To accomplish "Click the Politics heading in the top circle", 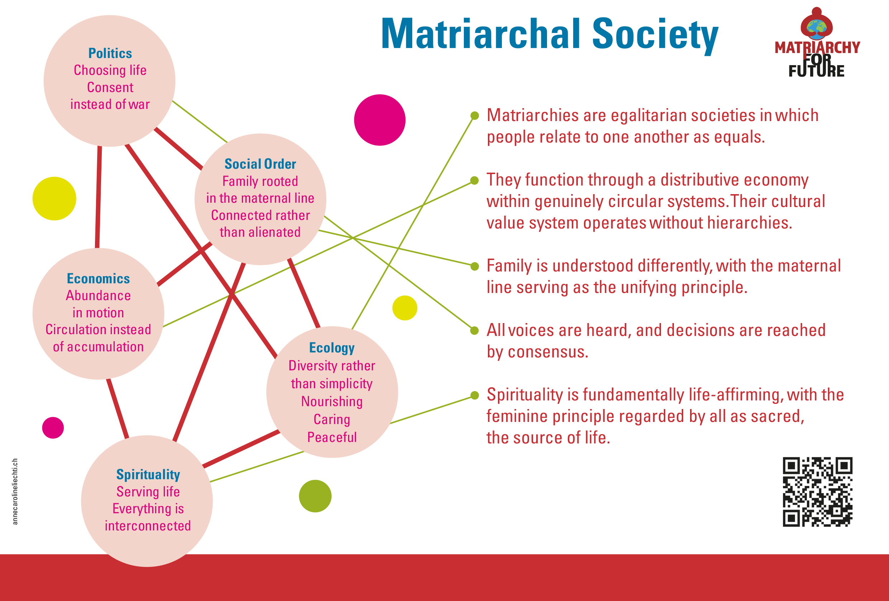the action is [110, 53].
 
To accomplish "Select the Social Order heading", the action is [260, 164].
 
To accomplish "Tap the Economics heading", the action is [98, 278].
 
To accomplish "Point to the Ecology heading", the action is [332, 348].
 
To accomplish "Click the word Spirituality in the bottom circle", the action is [148, 475].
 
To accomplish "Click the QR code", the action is [817, 492].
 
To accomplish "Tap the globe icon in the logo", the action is [816, 26].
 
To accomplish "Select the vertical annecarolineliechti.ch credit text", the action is [15, 491].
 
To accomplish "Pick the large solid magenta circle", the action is [380, 120].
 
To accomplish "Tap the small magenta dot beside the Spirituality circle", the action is [53, 427].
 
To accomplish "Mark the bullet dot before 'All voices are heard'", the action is [474, 330].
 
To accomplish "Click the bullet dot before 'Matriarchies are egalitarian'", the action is [474, 115].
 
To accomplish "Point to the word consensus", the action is [548, 352].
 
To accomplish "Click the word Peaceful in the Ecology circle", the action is [332, 437].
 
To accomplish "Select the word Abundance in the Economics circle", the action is [98, 295].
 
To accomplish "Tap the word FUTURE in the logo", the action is [816, 71].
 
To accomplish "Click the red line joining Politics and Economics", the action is [98, 197].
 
